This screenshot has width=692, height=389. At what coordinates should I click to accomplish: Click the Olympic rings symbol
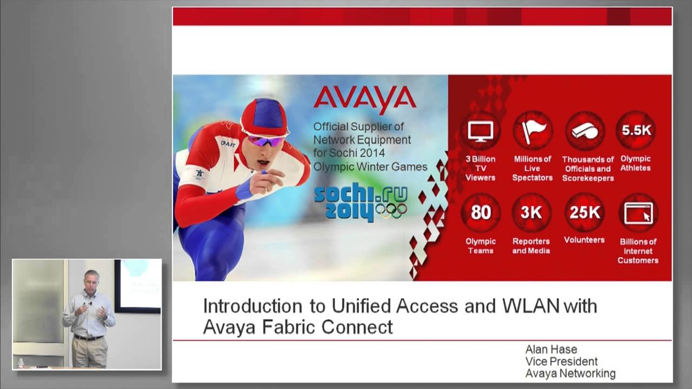391,211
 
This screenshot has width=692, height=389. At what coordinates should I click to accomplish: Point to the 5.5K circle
636,130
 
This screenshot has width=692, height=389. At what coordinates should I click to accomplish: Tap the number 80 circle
480,213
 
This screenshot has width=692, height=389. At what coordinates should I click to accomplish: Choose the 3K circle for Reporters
532,213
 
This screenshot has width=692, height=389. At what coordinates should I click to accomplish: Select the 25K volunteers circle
584,213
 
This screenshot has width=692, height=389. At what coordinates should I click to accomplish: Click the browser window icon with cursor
638,213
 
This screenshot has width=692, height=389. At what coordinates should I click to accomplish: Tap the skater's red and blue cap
264,117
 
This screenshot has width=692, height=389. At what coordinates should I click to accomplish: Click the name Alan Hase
551,350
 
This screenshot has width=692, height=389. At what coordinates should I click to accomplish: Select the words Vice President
561,361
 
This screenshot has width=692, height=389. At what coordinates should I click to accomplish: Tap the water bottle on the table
21,363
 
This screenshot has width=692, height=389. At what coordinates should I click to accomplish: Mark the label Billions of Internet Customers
638,251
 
